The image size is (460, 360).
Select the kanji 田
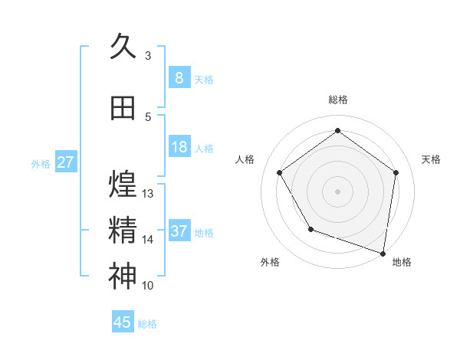pyautogui.click(x=123, y=109)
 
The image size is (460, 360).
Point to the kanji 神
pyautogui.click(x=123, y=277)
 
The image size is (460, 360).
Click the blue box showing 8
pyautogui.click(x=179, y=77)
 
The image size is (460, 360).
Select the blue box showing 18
pyautogui.click(x=179, y=147)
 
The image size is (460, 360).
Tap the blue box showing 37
pyautogui.click(x=179, y=231)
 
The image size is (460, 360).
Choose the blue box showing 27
pyautogui.click(x=65, y=162)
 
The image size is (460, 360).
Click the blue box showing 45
pyautogui.click(x=123, y=322)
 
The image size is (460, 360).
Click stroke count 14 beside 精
pyautogui.click(x=148, y=240)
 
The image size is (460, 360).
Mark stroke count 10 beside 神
pyautogui.click(x=148, y=286)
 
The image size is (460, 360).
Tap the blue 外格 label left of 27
pyautogui.click(x=41, y=163)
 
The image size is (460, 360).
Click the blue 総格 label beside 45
pyautogui.click(x=147, y=323)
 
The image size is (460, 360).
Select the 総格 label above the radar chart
pyautogui.click(x=337, y=100)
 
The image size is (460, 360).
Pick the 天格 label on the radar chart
pyautogui.click(x=431, y=159)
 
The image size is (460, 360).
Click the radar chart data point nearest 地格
pyautogui.click(x=383, y=253)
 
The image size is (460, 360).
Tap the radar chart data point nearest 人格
pyautogui.click(x=279, y=172)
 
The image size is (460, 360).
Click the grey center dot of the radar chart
pyautogui.click(x=337, y=191)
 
